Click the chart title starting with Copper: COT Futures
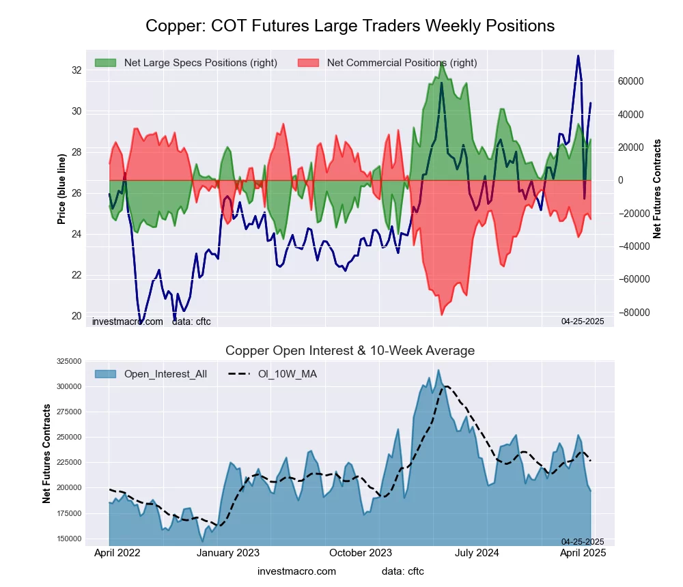click(x=350, y=26)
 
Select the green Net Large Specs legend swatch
click(x=105, y=63)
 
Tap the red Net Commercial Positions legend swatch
click(x=309, y=63)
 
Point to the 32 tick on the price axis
click(x=76, y=70)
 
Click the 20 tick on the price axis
click(x=76, y=316)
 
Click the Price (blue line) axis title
click(x=61, y=189)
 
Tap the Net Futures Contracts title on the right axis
click(x=658, y=189)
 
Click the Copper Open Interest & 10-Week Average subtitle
click(x=350, y=351)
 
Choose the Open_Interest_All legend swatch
click(x=105, y=373)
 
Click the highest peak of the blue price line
click(x=578, y=56)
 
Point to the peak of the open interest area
click(x=438, y=371)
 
